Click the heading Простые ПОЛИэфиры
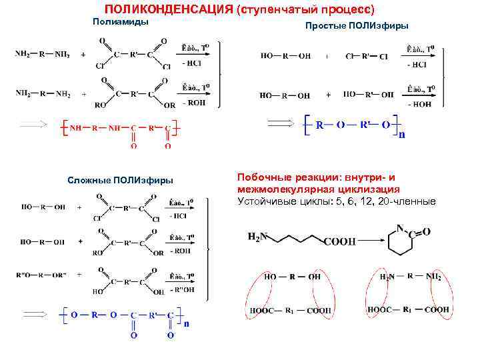tap(357, 25)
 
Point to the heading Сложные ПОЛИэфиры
tap(121, 180)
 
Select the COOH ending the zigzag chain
tap(340, 242)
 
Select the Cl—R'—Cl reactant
tap(366, 57)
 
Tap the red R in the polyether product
tap(320, 125)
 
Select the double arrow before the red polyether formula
tap(279, 123)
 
